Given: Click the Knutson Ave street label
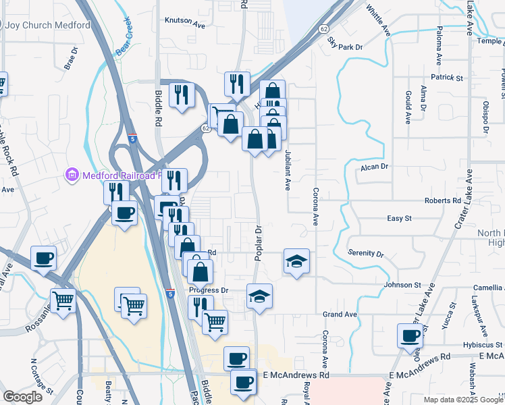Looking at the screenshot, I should [184, 22].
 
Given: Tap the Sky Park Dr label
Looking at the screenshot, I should [345, 45].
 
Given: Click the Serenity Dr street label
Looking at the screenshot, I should [365, 253].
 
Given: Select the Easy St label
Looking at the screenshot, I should [399, 219].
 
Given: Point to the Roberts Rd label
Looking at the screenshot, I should [442, 201].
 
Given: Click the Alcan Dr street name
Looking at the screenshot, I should [376, 166].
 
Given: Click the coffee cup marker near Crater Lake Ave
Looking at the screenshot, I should [410, 335].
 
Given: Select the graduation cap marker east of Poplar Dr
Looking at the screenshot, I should [296, 261].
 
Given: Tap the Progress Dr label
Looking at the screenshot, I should [209, 290].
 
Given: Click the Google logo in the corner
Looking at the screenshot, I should [22, 396].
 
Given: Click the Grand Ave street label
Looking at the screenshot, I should [339, 315].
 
